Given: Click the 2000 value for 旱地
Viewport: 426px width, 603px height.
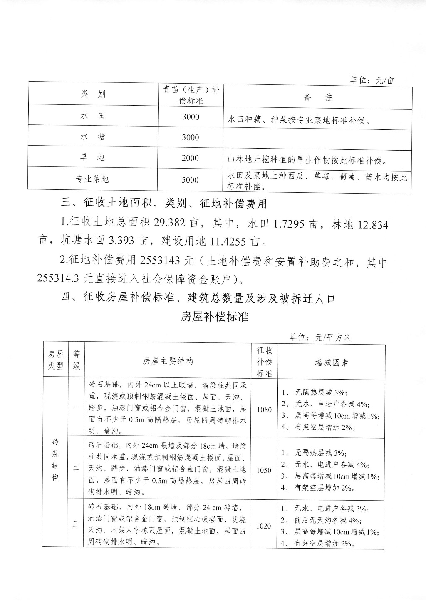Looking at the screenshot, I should [190, 158].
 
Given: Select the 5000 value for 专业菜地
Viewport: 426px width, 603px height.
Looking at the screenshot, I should [190, 180].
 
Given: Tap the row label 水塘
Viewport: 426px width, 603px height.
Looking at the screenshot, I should [93, 136].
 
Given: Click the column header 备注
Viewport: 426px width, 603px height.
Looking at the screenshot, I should [318, 97].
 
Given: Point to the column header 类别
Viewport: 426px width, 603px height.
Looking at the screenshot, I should [93, 94].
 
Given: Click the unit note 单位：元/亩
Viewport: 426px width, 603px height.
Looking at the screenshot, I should [372, 80].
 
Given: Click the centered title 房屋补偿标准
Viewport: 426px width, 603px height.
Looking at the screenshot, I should [214, 317].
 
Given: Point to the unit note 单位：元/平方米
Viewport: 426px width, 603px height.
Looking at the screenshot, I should [320, 337].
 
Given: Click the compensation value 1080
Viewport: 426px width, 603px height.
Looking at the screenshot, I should [264, 409].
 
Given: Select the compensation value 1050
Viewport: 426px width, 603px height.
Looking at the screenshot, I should [264, 470].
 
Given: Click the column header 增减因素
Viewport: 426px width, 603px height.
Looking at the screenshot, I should [332, 362].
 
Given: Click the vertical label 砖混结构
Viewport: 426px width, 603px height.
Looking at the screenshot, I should [55, 460].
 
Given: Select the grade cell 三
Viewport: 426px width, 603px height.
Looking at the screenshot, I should [76, 524].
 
